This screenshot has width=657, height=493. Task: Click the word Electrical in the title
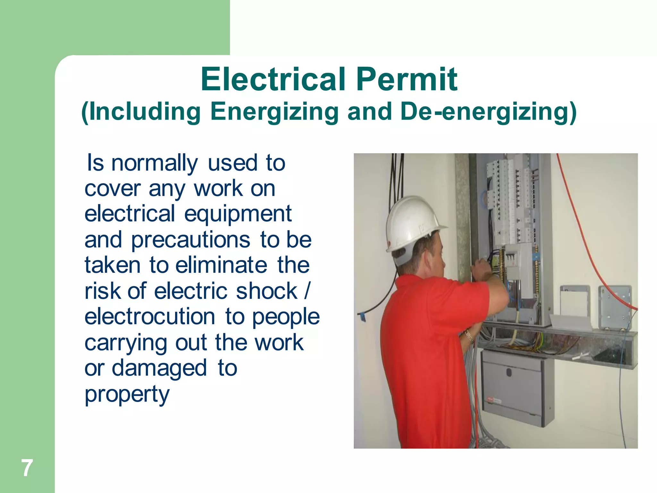(x=273, y=79)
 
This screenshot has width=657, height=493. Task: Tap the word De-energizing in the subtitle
(x=488, y=111)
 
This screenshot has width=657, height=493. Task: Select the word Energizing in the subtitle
(x=274, y=112)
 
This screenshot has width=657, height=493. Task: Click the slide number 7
(x=27, y=468)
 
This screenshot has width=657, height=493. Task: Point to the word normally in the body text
(x=154, y=164)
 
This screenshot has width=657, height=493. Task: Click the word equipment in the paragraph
(x=238, y=214)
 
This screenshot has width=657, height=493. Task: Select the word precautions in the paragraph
(x=191, y=240)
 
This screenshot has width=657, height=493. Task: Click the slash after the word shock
(x=307, y=291)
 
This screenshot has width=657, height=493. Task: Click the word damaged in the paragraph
(x=159, y=368)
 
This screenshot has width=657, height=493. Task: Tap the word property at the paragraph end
(x=127, y=394)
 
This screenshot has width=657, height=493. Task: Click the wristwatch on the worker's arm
(x=469, y=335)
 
